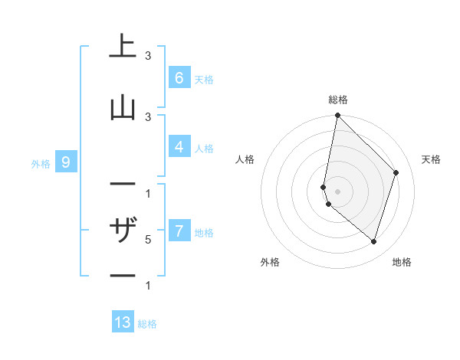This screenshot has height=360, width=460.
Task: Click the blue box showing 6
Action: click(179, 77)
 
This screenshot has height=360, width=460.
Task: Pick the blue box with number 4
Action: click(179, 146)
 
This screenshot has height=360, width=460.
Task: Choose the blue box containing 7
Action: click(179, 231)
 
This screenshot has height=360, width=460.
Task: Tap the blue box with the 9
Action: click(66, 162)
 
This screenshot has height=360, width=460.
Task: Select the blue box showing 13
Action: click(123, 322)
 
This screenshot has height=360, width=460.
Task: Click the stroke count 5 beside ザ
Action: click(148, 240)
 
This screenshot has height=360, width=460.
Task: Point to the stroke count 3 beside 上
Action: click(148, 56)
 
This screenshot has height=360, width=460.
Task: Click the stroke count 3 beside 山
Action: click(148, 116)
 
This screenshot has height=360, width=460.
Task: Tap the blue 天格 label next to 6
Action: click(204, 80)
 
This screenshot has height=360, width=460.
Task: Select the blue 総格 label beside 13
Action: click(147, 324)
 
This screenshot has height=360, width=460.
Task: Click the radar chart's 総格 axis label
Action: click(338, 100)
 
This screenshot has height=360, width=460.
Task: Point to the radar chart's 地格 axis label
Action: click(402, 262)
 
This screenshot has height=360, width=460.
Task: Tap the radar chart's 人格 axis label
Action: click(245, 159)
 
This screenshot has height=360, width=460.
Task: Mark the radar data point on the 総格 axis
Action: click(337, 115)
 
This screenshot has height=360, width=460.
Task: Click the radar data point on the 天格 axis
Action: click(396, 172)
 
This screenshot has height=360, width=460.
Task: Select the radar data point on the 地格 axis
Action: click(373, 241)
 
